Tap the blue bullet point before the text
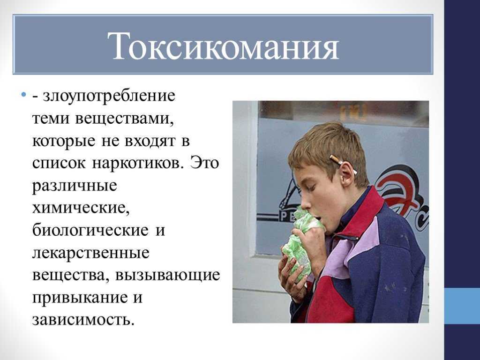(23, 94)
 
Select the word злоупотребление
(109, 96)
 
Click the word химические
(81, 208)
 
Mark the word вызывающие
(167, 276)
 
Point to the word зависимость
(83, 320)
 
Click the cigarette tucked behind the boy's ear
(344, 165)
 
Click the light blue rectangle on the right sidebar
(462, 306)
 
